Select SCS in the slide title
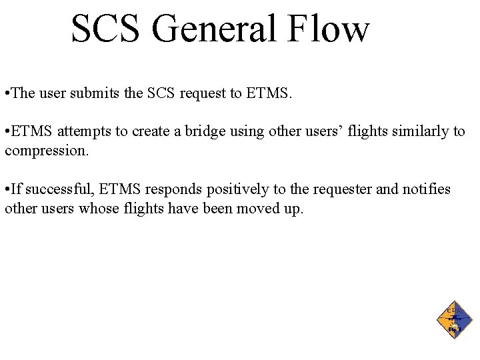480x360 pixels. click(107, 29)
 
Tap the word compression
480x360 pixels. click(45, 151)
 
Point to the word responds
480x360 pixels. click(172, 190)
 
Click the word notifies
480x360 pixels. click(427, 190)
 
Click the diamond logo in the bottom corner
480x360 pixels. click(454, 319)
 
